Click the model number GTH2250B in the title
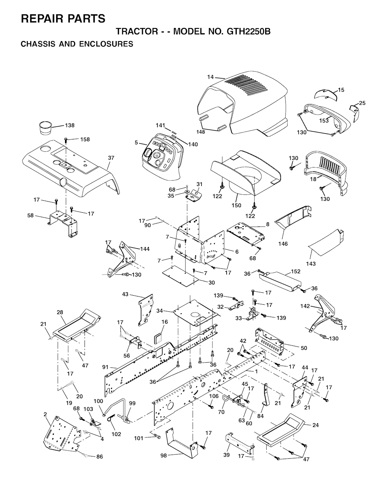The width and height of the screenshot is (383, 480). point(248,32)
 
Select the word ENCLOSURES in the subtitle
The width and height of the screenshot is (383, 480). point(106,44)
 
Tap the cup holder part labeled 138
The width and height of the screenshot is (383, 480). point(45,128)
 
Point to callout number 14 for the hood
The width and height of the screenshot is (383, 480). point(210,77)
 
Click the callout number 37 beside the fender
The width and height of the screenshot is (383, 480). point(111,158)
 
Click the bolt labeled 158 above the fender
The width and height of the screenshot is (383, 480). point(66,140)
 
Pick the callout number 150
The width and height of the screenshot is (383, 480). point(236,205)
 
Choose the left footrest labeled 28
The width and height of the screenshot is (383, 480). point(76,325)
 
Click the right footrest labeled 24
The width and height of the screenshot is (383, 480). point(281,430)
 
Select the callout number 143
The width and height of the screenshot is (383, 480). point(311,264)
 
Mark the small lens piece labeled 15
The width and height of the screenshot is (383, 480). point(326,94)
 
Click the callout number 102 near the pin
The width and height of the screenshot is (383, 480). point(116,434)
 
